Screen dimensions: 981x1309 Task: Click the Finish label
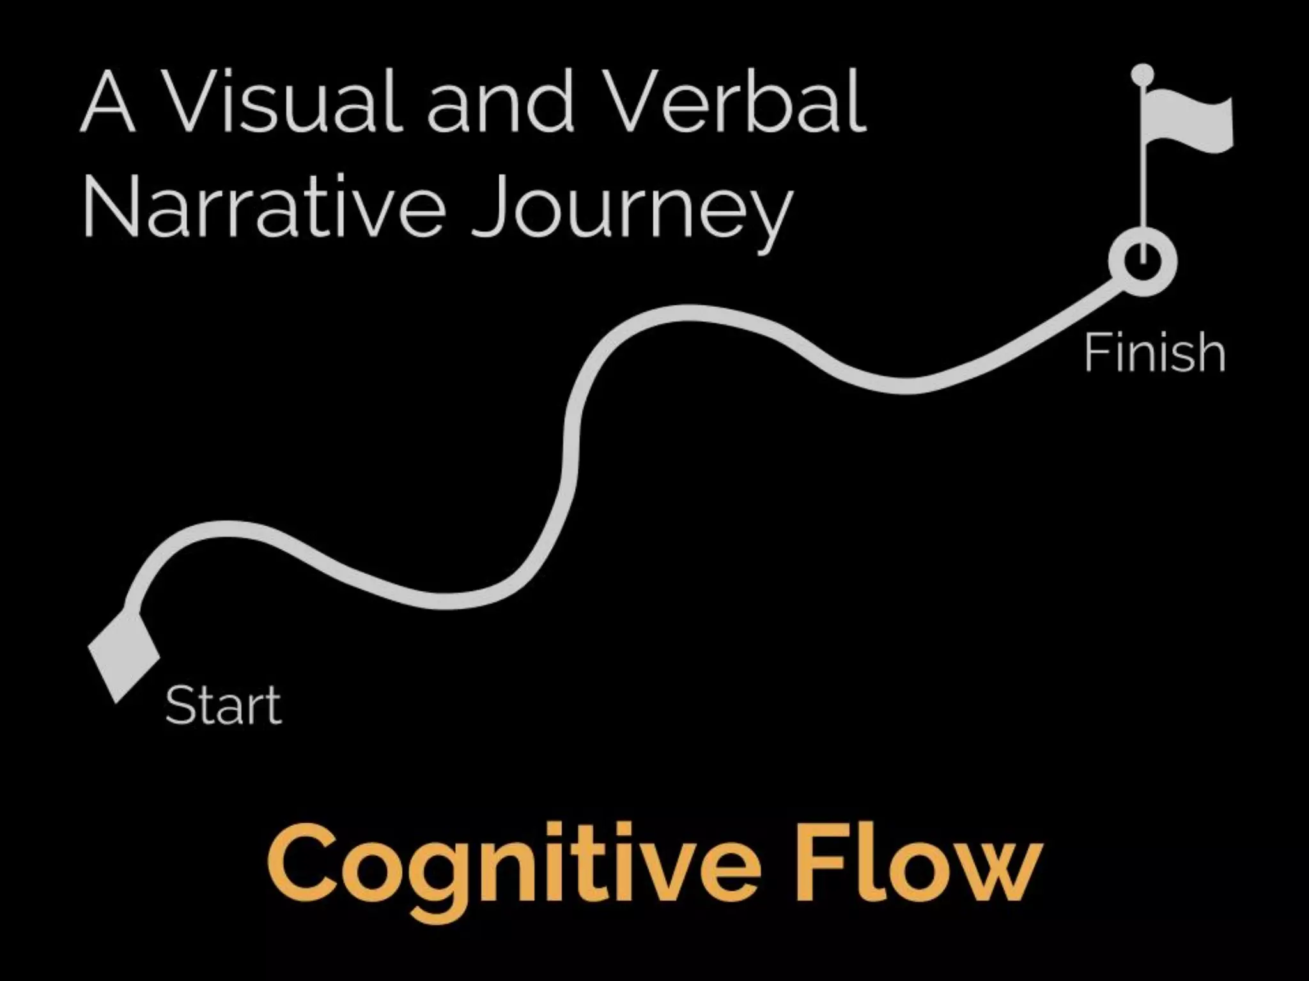coord(1154,352)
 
